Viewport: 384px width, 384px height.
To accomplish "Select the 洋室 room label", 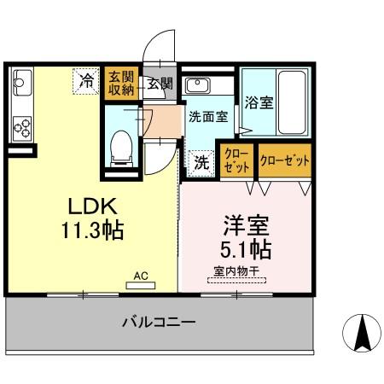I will (x=247, y=227).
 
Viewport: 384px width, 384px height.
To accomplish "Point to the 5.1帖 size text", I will (x=247, y=249).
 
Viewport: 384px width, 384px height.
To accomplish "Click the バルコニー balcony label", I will (x=159, y=323).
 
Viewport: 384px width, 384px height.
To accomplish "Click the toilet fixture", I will (x=120, y=147).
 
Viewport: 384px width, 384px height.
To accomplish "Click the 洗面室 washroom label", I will (x=207, y=117).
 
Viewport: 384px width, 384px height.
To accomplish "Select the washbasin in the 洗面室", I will (x=198, y=85).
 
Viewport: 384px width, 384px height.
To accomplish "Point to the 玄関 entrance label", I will (x=159, y=84).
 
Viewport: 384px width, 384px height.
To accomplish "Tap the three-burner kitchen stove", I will (x=22, y=127).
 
